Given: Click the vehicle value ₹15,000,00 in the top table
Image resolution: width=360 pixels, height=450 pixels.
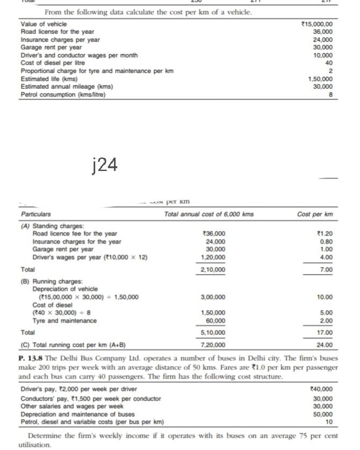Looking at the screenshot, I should [x=318, y=24].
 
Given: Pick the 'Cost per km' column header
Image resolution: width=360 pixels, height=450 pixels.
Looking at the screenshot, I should [x=314, y=215].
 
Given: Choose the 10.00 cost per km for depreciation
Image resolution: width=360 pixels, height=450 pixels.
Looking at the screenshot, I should [x=325, y=297].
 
